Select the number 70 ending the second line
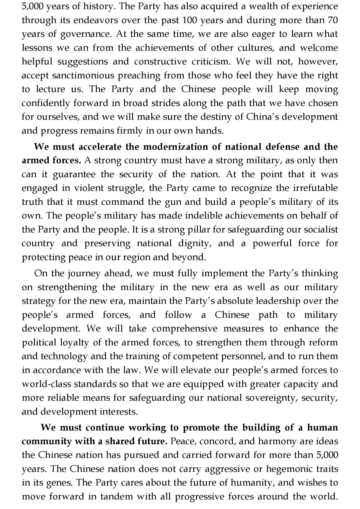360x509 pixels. coord(332,20)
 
